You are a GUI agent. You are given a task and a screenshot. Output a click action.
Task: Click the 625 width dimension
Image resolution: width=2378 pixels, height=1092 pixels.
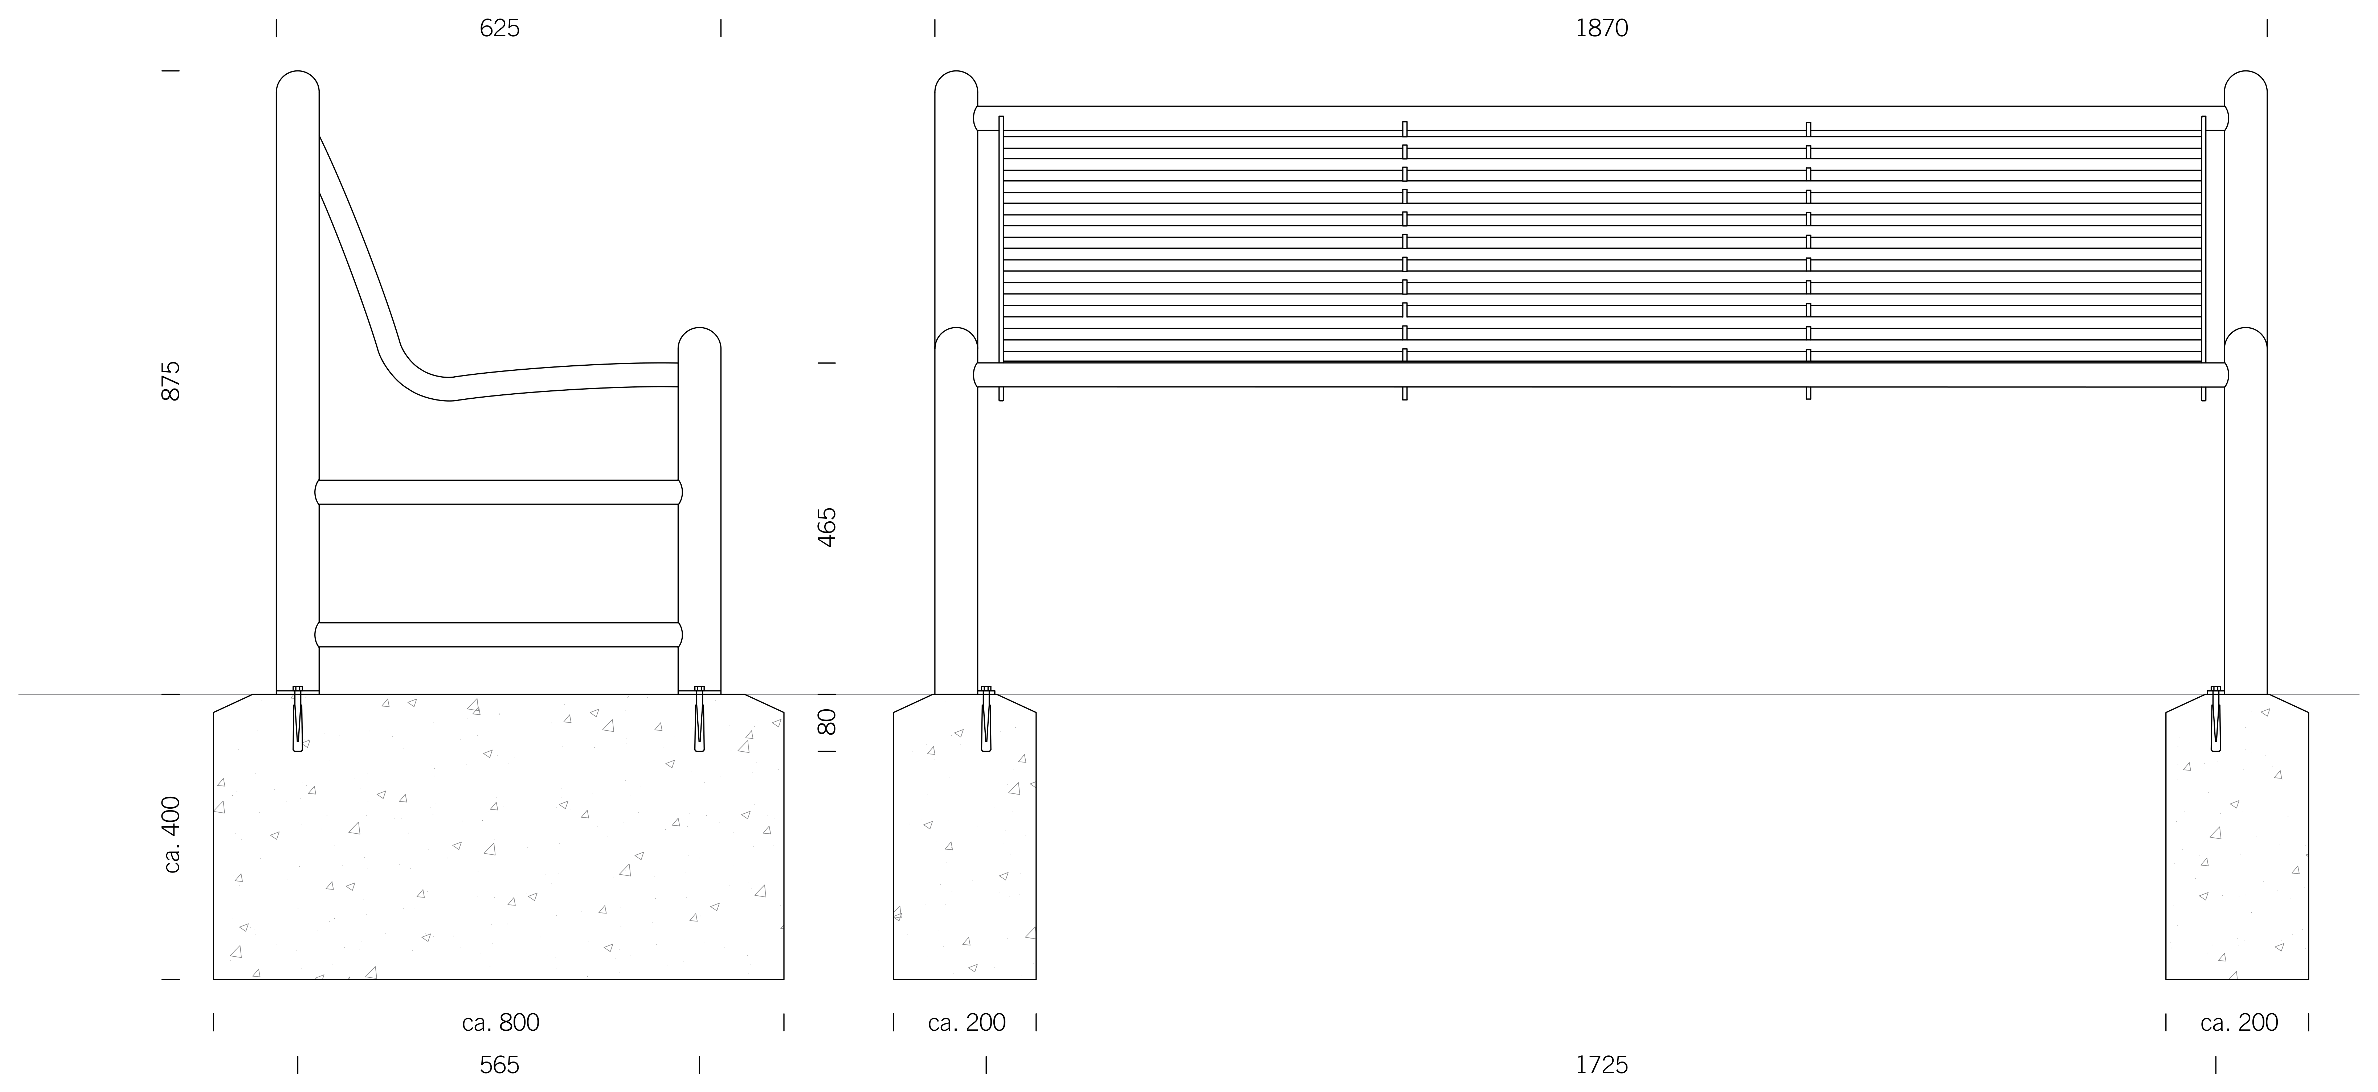[499, 29]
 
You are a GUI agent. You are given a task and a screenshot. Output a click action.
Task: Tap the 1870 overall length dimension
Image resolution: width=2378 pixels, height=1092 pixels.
[1602, 29]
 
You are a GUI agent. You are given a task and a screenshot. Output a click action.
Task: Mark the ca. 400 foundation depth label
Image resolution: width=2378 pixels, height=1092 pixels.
[171, 834]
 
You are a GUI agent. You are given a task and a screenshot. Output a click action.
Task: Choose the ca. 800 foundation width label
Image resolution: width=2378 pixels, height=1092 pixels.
[500, 1023]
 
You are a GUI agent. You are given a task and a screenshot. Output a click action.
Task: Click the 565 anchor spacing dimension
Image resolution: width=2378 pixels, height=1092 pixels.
[499, 1065]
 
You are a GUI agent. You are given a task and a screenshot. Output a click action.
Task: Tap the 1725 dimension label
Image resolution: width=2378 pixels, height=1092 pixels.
[1602, 1065]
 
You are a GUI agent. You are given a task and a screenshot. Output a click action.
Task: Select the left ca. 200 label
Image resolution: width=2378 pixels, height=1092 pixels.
[967, 1023]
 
